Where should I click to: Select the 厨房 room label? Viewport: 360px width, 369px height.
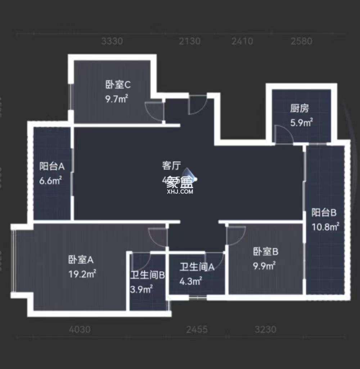tap(299, 108)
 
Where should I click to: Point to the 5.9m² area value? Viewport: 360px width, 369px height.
tap(301, 123)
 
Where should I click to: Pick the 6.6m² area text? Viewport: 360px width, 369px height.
tap(51, 180)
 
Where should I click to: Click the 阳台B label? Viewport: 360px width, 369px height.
tap(324, 213)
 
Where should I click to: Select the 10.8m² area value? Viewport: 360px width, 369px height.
tap(325, 227)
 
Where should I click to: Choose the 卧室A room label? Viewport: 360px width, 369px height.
tap(81, 259)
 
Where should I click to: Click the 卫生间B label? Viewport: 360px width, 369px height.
tap(148, 276)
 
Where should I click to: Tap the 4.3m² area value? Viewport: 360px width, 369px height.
tap(190, 281)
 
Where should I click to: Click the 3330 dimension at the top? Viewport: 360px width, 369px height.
tap(112, 41)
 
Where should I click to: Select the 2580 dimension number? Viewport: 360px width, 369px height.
tap(301, 41)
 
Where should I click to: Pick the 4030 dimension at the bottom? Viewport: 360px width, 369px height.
tap(80, 329)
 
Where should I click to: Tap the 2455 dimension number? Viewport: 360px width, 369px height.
tap(197, 329)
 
